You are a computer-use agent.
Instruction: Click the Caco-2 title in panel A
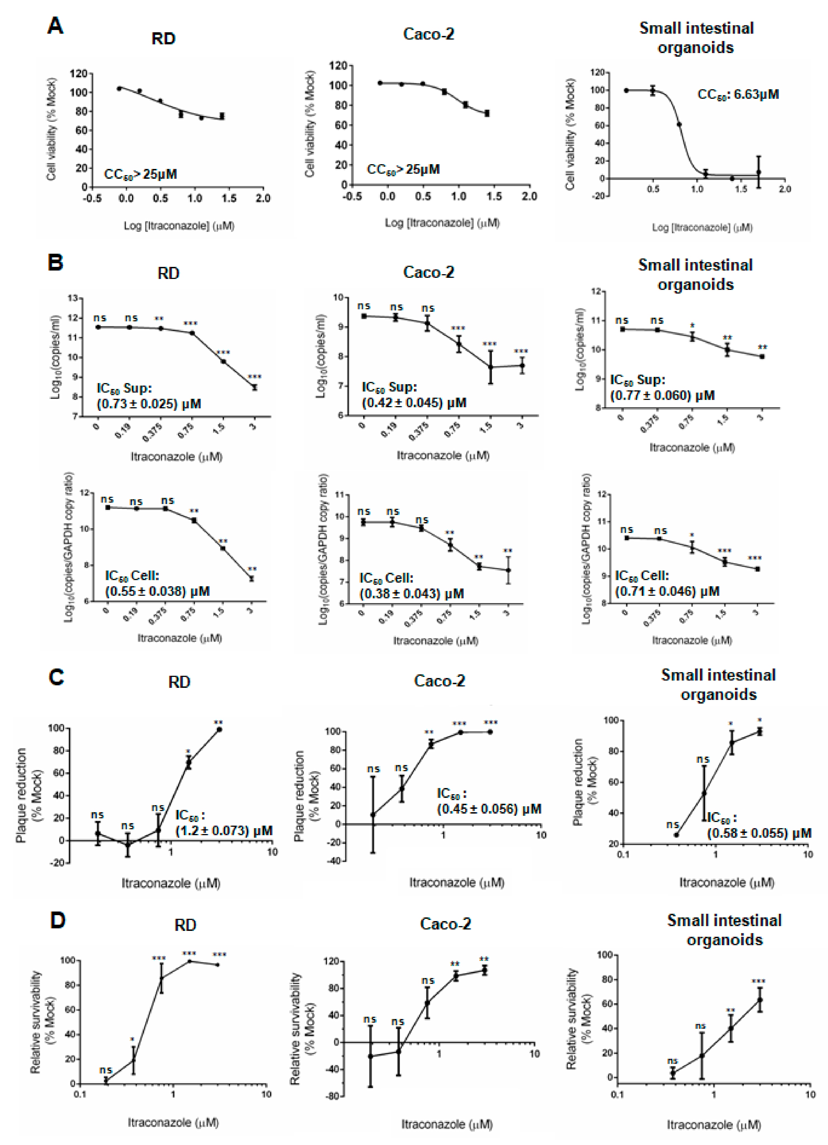(428, 34)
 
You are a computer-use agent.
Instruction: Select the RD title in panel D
(185, 925)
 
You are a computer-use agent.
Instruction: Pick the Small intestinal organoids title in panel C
(718, 684)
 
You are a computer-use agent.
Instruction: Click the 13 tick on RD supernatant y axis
(73, 298)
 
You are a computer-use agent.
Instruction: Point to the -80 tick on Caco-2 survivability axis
(333, 1096)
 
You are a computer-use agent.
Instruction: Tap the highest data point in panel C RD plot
(219, 729)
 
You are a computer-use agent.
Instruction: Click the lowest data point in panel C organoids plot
(676, 835)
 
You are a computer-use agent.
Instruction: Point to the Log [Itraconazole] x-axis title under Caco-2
(442, 223)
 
